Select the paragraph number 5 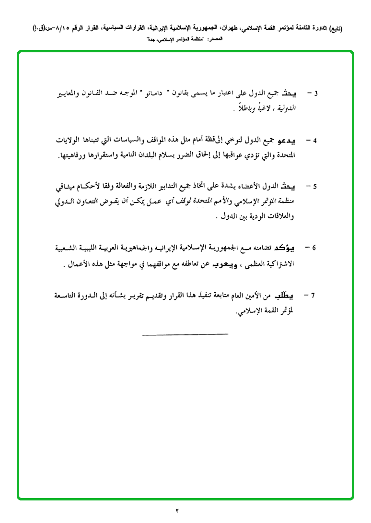315,186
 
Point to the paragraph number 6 314,248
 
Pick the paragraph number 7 313,295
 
